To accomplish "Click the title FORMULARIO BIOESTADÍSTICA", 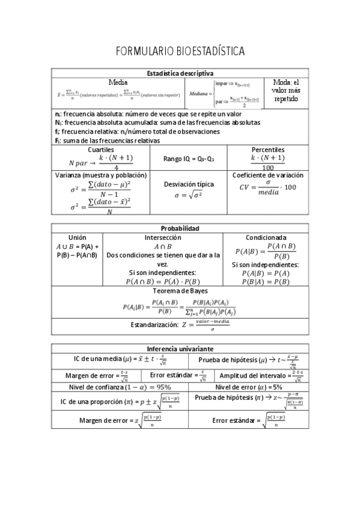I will click(x=180, y=52).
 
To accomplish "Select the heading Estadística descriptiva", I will click(x=180, y=73).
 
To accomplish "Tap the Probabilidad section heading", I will click(x=180, y=228).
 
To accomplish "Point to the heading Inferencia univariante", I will click(x=180, y=349).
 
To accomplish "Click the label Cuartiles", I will click(x=100, y=150).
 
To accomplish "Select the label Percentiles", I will click(x=268, y=150).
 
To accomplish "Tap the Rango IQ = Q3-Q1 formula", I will click(x=189, y=159).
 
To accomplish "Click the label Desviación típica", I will click(x=189, y=185).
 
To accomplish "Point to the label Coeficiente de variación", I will click(x=268, y=175).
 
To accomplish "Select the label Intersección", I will click(x=163, y=238).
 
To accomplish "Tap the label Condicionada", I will click(x=266, y=238).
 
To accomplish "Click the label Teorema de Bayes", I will click(x=180, y=290).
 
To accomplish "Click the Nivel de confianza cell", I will click(x=120, y=387).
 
